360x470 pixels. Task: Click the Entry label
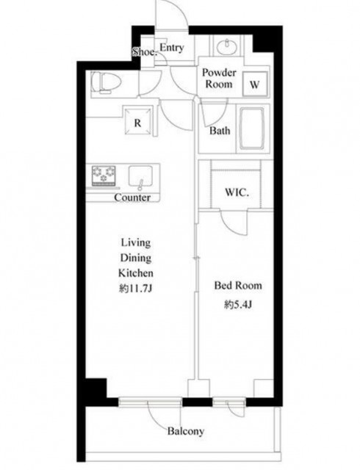point(172,48)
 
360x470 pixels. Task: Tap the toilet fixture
point(106,81)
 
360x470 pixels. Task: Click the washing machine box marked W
point(255,84)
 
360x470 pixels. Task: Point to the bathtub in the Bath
point(251,129)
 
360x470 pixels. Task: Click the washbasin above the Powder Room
point(228,47)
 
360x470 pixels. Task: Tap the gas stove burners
point(104,176)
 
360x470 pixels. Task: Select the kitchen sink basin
point(140,177)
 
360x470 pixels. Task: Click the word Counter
point(132,198)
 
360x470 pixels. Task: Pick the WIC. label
point(237,192)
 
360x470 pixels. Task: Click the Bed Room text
point(238,286)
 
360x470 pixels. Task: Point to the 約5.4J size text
point(238,305)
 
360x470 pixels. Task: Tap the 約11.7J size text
point(136,289)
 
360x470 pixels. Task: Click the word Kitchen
point(136,273)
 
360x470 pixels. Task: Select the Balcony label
point(186,431)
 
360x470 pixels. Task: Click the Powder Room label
point(219,79)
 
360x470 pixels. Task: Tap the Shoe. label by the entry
point(145,52)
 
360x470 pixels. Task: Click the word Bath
point(220,131)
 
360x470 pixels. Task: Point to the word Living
point(136,242)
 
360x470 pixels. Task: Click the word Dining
point(136,258)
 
